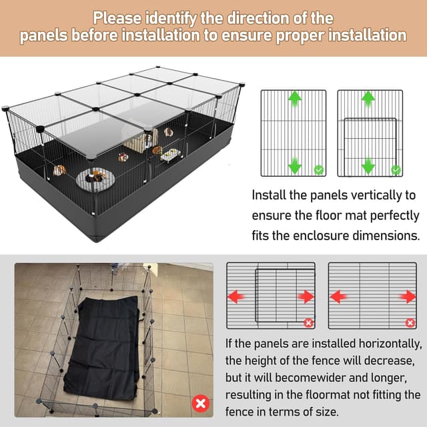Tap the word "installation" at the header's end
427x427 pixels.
(363, 35)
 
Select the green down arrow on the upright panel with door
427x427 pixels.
(368, 165)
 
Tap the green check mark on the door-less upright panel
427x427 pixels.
(319, 171)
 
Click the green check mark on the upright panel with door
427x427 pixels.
(396, 171)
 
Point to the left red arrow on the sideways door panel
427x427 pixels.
(236, 296)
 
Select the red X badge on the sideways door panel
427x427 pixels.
(308, 323)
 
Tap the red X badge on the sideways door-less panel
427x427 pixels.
(410, 323)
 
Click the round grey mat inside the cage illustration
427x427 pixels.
(93, 179)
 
